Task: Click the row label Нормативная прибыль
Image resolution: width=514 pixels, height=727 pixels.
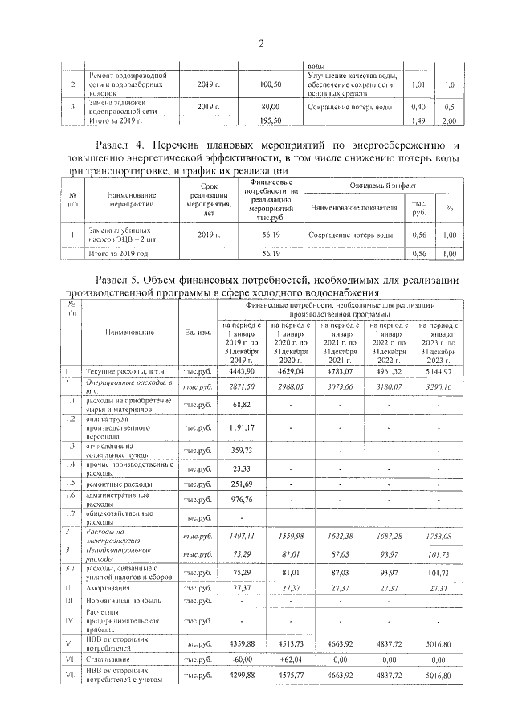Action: pos(120,601)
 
